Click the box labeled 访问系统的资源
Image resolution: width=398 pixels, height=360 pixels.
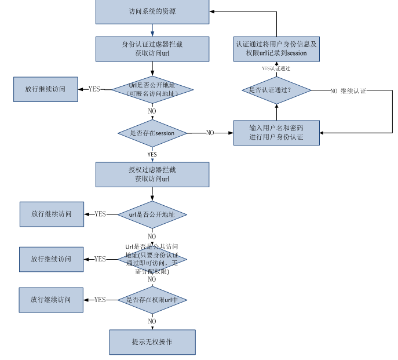click(152, 12)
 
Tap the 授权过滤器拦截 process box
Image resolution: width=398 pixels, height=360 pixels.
click(152, 174)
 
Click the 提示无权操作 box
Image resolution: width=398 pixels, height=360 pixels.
click(152, 342)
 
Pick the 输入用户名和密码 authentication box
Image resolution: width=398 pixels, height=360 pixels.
click(276, 132)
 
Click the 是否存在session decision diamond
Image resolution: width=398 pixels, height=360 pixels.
click(152, 133)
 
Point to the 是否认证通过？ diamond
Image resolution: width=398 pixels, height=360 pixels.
click(276, 90)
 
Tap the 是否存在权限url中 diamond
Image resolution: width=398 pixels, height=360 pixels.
click(152, 300)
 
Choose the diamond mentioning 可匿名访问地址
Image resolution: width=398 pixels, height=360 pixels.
click(152, 89)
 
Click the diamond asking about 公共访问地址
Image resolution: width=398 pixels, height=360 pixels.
click(152, 259)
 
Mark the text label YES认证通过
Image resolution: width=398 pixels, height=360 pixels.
click(276, 68)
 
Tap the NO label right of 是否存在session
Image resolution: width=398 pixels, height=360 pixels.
click(210, 133)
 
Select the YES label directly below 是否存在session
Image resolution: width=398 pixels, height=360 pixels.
click(152, 155)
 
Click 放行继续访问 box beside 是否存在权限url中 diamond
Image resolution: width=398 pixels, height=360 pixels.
click(51, 300)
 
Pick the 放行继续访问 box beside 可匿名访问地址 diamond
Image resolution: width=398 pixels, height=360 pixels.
click(45, 89)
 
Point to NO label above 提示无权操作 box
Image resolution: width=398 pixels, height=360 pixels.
click(152, 321)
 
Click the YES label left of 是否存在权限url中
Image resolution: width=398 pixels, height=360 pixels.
click(100, 300)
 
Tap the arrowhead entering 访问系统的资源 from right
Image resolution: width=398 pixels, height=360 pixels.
click(213, 12)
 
